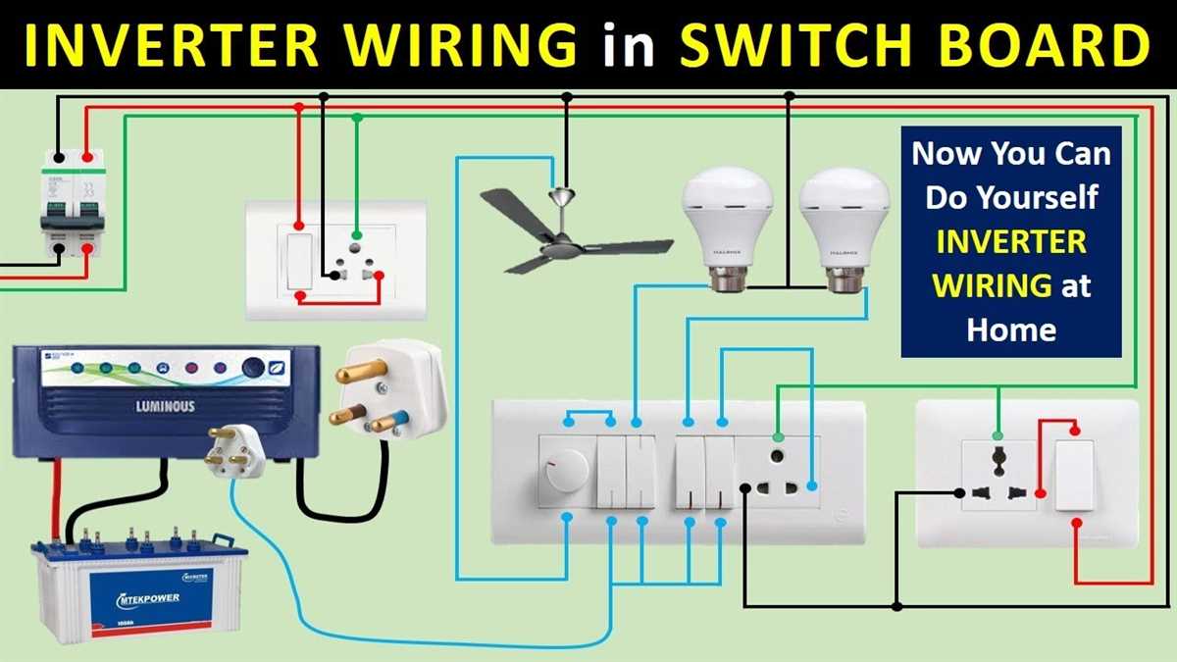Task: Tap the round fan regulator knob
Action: tap(563, 462)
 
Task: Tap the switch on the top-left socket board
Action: tap(297, 261)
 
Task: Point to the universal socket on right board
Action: tap(999, 475)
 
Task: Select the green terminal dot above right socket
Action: tap(998, 435)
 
